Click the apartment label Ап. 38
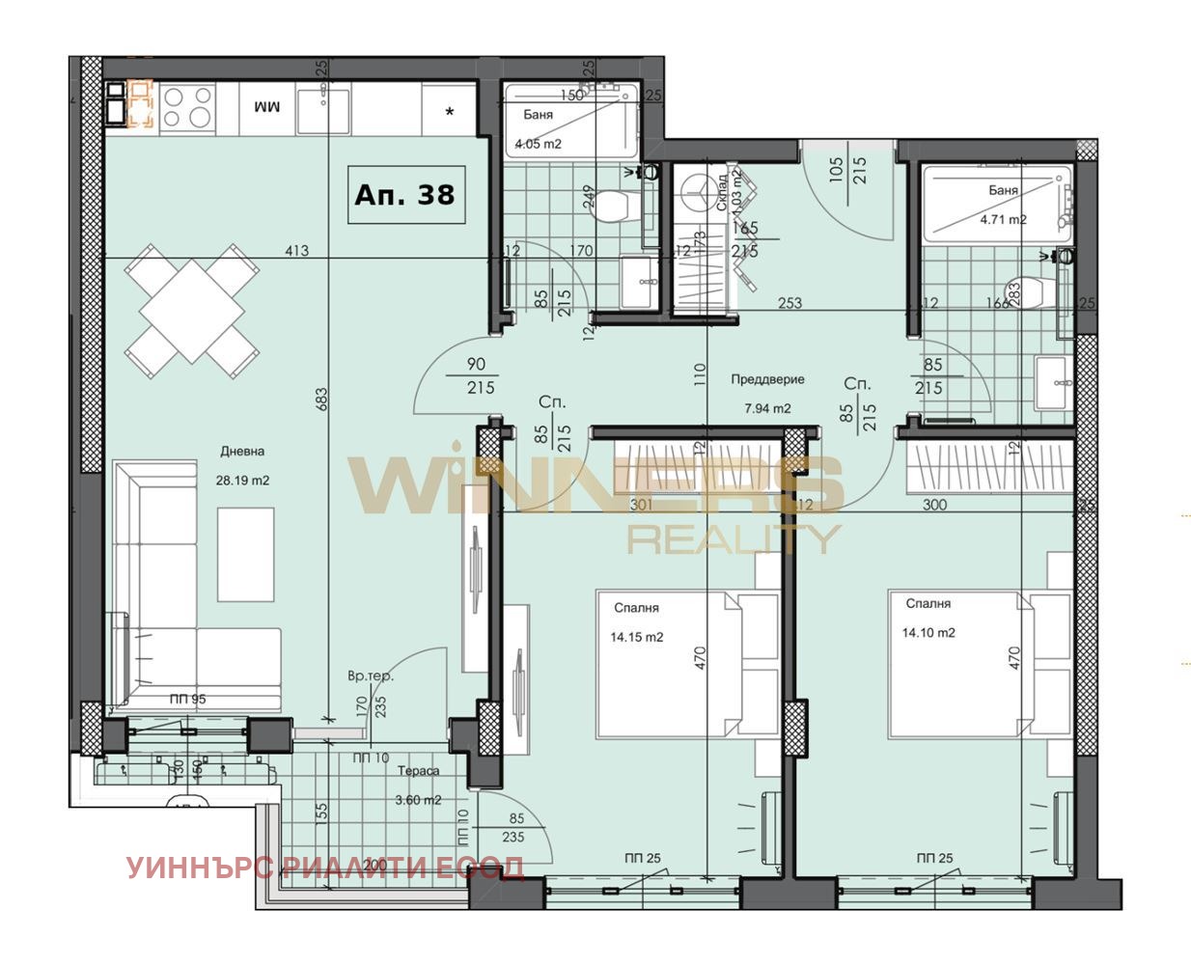(405, 194)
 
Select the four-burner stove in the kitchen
(187, 106)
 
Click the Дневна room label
(242, 451)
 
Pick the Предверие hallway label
(767, 379)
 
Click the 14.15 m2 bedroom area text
(636, 637)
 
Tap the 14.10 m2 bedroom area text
(928, 633)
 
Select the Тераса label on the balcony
(419, 771)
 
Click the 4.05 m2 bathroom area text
(539, 144)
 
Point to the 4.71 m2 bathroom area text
(1003, 219)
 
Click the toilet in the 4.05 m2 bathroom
(612, 205)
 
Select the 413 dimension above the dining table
(296, 251)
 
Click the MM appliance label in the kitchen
(266, 106)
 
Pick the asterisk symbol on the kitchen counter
(450, 112)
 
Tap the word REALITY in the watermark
(734, 538)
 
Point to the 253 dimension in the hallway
(789, 303)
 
